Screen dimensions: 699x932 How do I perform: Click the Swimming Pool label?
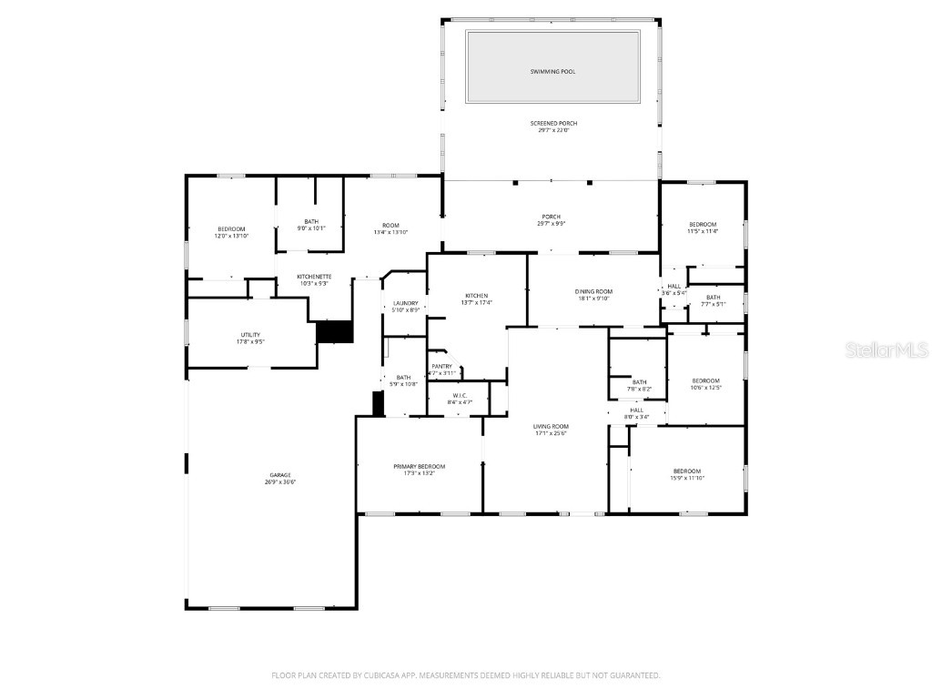tap(552, 71)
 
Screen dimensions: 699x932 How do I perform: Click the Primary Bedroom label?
tap(419, 467)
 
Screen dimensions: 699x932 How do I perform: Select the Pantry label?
tap(441, 367)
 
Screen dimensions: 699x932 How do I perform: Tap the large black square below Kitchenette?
tap(334, 332)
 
